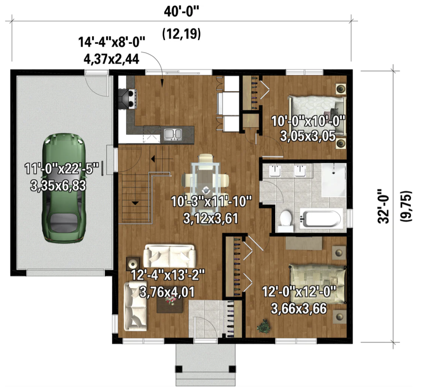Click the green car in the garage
[64, 188]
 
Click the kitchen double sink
[173, 134]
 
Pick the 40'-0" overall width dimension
[182, 12]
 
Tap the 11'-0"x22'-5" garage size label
[62, 169]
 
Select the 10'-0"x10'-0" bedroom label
[308, 121]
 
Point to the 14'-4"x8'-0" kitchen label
[112, 42]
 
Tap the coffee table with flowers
[170, 305]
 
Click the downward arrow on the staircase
[135, 203]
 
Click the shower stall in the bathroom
[334, 179]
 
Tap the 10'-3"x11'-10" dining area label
[211, 202]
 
